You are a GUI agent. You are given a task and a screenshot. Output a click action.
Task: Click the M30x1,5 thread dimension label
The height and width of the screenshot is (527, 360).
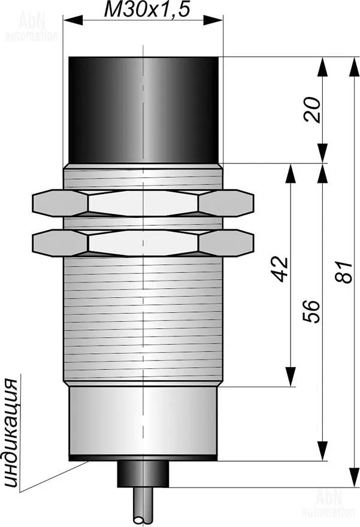147,10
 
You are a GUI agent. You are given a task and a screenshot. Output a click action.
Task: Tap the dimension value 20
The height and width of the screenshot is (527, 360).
311,110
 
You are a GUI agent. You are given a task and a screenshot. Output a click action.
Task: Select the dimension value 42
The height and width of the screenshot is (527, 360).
280,269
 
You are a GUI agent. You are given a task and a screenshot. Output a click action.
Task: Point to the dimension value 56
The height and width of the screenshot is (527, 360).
311,311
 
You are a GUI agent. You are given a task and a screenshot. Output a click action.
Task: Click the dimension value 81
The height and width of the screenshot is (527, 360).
344,271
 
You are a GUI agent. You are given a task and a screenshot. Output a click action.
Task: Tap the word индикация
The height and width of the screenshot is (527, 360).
11,434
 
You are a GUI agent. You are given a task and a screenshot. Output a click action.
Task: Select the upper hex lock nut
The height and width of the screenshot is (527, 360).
143,203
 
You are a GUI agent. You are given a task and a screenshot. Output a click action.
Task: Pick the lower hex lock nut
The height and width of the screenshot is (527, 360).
143,243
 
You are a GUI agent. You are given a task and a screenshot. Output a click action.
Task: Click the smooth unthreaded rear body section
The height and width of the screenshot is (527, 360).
143,421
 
